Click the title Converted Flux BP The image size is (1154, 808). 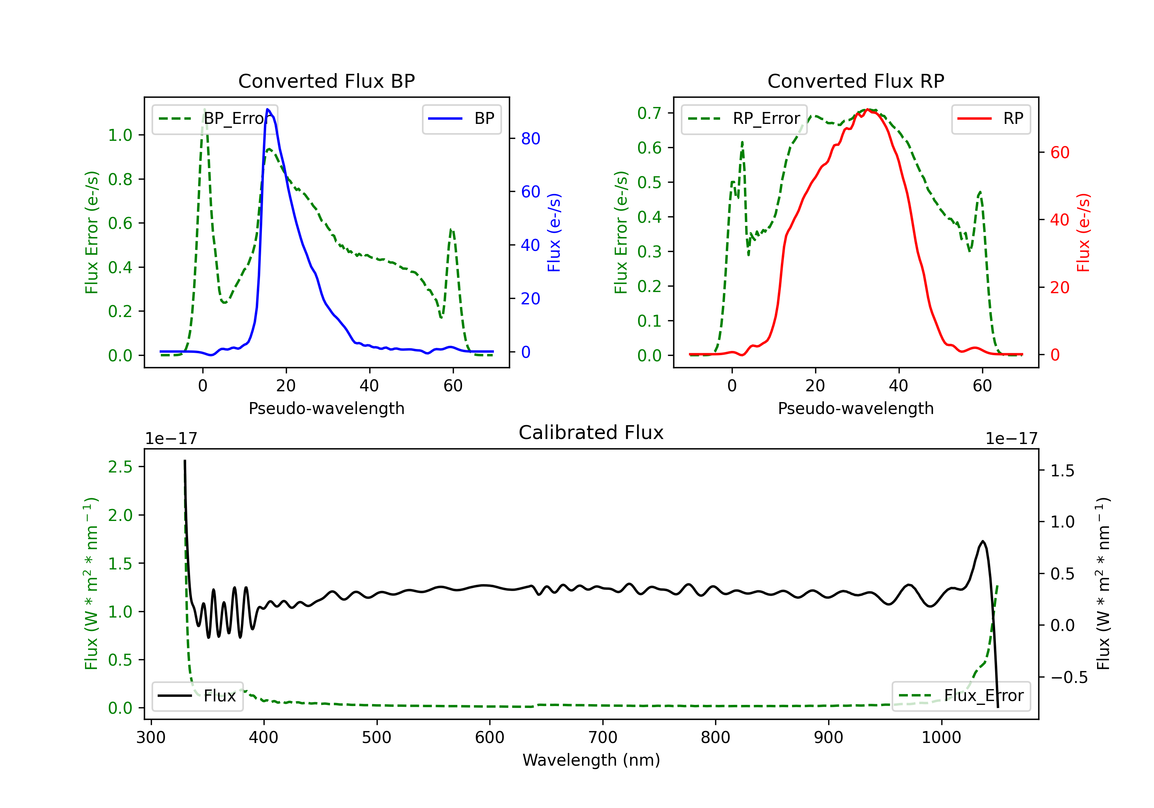[326, 81]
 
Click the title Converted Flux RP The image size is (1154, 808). [855, 81]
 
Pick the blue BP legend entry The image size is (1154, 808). [461, 119]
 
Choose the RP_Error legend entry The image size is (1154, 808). [744, 119]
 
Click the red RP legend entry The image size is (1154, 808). [991, 119]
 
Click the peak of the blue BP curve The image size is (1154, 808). [267, 109]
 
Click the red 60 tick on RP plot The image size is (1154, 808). [1059, 152]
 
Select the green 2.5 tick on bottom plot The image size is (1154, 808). [120, 467]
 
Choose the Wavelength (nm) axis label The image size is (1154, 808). [591, 760]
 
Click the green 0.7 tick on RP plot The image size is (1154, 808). [649, 113]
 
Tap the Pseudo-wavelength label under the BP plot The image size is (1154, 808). [326, 408]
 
